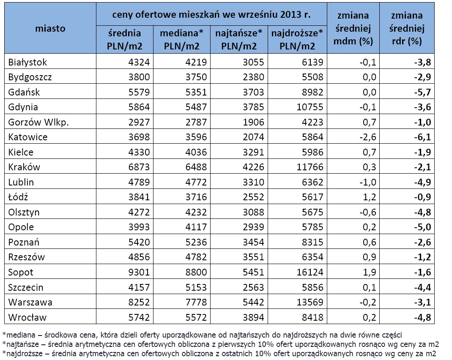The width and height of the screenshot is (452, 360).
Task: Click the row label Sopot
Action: click(x=20, y=272)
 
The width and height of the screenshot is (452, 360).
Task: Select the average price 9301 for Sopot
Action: click(x=139, y=272)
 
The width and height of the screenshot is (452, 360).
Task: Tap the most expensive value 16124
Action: click(x=310, y=272)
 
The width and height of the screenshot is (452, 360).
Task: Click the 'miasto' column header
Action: click(x=50, y=28)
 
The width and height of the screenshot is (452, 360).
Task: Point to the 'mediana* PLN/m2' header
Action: click(x=182, y=39)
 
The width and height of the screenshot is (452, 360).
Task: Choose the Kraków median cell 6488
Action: click(x=196, y=167)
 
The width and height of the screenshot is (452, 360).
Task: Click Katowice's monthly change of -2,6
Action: click(x=368, y=137)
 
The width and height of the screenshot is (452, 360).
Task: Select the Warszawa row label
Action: click(x=30, y=302)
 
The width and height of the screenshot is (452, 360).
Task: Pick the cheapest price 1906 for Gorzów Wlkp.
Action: click(x=253, y=122)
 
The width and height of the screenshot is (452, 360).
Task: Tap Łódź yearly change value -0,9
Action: click(x=422, y=197)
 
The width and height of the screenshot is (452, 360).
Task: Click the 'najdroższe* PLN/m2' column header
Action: click(x=297, y=39)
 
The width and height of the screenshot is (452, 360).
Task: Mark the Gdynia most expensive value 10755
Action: click(x=310, y=107)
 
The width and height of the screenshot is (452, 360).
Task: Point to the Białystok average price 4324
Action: click(x=139, y=62)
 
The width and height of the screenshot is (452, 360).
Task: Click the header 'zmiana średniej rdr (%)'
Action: click(x=407, y=28)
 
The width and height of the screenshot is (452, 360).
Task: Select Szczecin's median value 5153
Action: click(x=196, y=287)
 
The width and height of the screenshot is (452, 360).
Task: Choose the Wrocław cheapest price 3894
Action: click(x=253, y=317)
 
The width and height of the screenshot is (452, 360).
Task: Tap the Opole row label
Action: click(x=21, y=227)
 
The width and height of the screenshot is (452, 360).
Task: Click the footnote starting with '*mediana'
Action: click(x=202, y=335)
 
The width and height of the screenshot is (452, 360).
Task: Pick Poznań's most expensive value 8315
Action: click(x=312, y=242)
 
